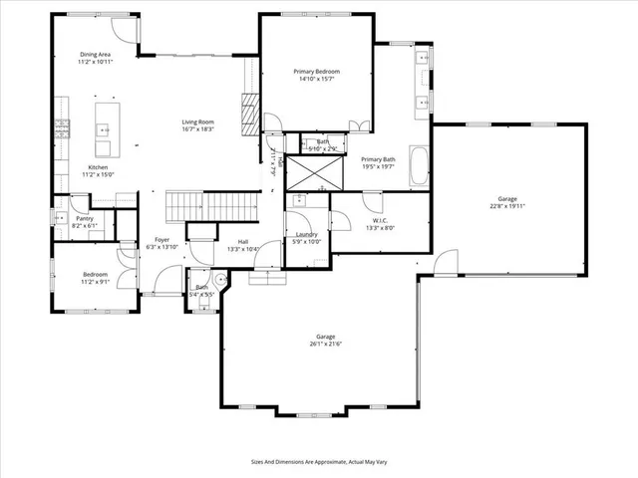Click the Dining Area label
point(97,55)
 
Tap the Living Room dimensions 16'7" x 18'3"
point(198,129)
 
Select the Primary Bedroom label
point(316,72)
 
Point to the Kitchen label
point(98,167)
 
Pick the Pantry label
point(85,218)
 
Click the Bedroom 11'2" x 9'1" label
point(96,274)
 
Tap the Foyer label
point(160,240)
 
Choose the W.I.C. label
point(380,220)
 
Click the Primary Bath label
point(378,159)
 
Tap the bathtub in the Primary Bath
point(419,165)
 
